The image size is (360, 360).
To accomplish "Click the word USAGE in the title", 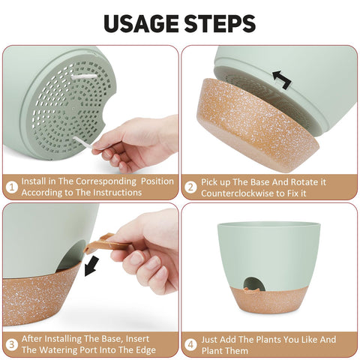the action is point(141,23).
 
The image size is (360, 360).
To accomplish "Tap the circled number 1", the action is point(12,187).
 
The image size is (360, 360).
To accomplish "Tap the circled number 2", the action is point(190,187).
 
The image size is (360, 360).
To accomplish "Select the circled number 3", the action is point(12,345).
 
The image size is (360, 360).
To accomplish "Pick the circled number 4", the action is point(190,345).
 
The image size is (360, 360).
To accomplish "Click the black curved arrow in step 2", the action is point(283,79).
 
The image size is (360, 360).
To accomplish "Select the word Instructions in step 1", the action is point(117,192).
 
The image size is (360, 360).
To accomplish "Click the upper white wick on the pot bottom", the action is point(84,76).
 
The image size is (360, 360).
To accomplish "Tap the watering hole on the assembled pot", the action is point(254,284).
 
